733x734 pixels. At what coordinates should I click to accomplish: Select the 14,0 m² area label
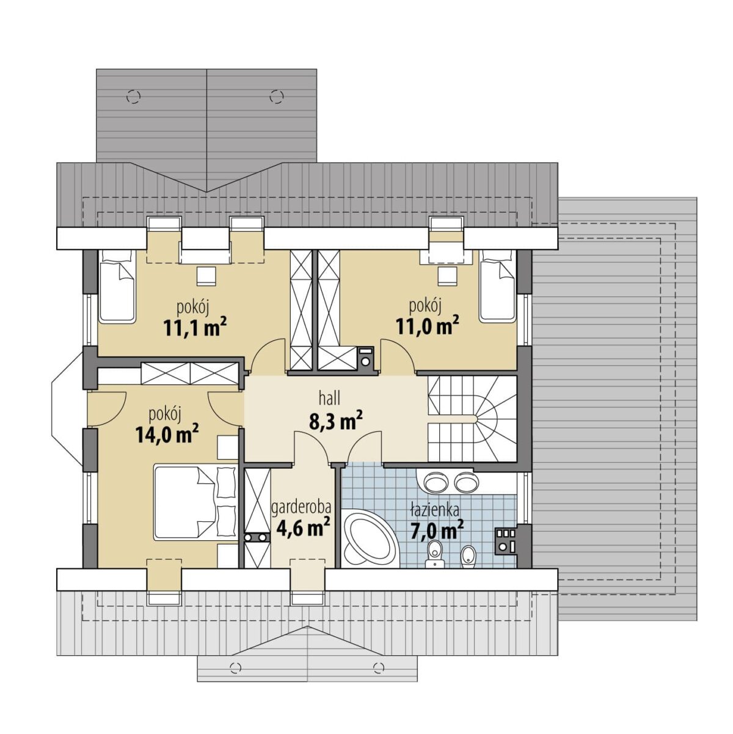coord(167,435)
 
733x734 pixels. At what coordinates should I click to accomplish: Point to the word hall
coord(330,399)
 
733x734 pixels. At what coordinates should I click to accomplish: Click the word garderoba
coord(301,508)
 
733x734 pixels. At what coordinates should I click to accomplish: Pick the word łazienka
coord(435,510)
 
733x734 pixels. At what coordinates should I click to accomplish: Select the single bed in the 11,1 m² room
coord(117,285)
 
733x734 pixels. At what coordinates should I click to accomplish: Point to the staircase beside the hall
coord(472,419)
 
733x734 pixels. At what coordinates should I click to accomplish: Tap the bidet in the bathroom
coord(468,557)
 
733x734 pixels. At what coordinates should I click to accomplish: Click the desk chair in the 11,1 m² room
coord(206,276)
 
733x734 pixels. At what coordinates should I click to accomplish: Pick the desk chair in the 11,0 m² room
coord(447,276)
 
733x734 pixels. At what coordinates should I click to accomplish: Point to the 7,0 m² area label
coord(437,530)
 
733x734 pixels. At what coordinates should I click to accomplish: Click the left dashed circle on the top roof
coord(133,96)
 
